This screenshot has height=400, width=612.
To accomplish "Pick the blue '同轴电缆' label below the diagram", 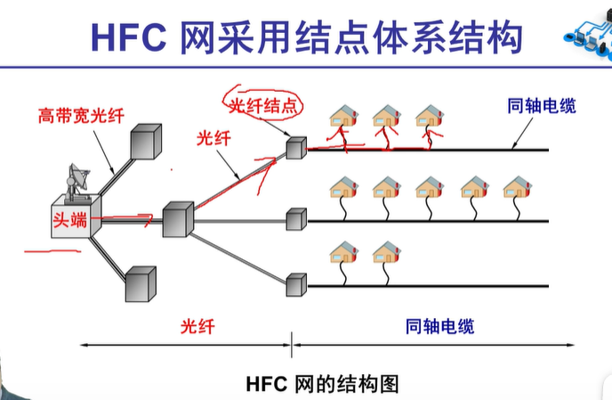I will (439, 325).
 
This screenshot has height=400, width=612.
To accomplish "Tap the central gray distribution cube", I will (178, 218).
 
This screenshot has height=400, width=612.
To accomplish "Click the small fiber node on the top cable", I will (296, 147).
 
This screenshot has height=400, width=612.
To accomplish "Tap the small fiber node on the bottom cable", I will (296, 285).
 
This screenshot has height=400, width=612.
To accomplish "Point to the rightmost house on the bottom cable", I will (387, 252).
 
